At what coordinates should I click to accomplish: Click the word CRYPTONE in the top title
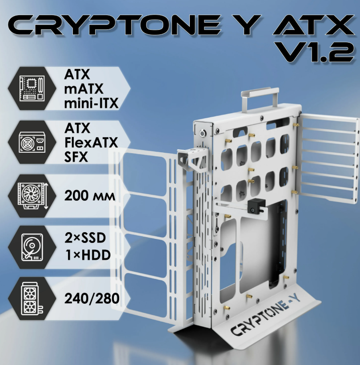pyautogui.click(x=114, y=25)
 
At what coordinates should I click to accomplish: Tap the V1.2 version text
pyautogui.click(x=316, y=52)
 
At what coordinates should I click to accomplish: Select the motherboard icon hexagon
pyautogui.click(x=32, y=88)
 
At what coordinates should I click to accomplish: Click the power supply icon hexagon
pyautogui.click(x=32, y=142)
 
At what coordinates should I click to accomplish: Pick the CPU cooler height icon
pyautogui.click(x=32, y=196)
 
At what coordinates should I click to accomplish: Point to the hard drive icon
pyautogui.click(x=32, y=247)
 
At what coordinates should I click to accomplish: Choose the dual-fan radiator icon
pyautogui.click(x=32, y=298)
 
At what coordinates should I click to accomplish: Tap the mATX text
pyautogui.click(x=84, y=89)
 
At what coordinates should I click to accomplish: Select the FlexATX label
pyautogui.click(x=91, y=143)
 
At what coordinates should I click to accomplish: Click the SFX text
pyautogui.click(x=76, y=157)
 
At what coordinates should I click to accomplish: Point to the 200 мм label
pyautogui.click(x=90, y=196)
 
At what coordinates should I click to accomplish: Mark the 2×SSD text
pyautogui.click(x=85, y=238)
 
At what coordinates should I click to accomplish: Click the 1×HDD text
pyautogui.click(x=88, y=255)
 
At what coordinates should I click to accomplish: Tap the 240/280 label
pyautogui.click(x=92, y=299)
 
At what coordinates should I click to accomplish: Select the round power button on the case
pyautogui.click(x=203, y=133)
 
